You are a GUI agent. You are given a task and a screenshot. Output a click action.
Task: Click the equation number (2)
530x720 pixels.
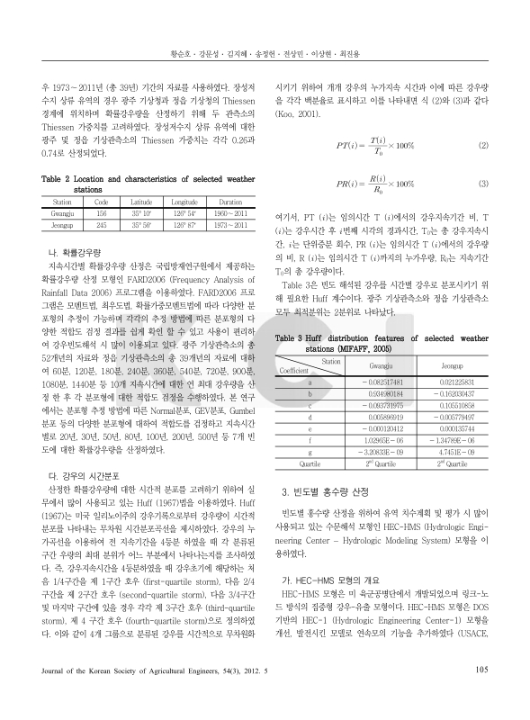click(482, 145)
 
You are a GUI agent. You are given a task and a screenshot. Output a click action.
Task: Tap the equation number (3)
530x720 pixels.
click(482, 184)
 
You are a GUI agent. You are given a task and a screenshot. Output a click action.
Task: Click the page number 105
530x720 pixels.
click(481, 693)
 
